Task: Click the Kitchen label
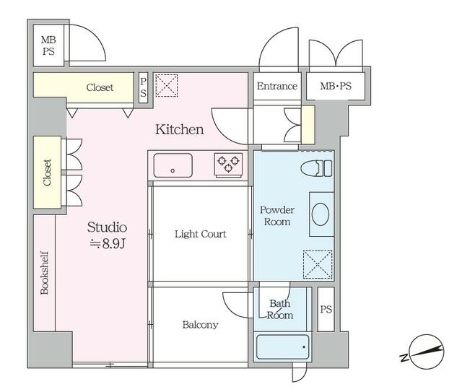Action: point(180,130)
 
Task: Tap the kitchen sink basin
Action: point(173,165)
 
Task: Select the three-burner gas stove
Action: point(228,165)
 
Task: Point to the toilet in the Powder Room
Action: point(316,168)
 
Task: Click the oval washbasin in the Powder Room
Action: point(321,214)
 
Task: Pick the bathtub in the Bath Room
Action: point(282,347)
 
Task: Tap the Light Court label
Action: point(201,234)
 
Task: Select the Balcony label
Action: point(201,325)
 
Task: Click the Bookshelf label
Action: point(45,273)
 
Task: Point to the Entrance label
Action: point(277,86)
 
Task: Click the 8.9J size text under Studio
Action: point(108,243)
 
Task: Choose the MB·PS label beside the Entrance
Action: point(336,86)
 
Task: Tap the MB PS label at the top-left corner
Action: point(48,45)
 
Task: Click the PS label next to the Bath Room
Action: point(326,309)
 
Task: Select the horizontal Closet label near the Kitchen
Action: point(100,87)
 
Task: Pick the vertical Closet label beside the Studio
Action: point(47,173)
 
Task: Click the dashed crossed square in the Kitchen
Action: point(167,85)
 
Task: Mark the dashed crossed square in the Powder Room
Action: point(318,264)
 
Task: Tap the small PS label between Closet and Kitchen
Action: point(143,87)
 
